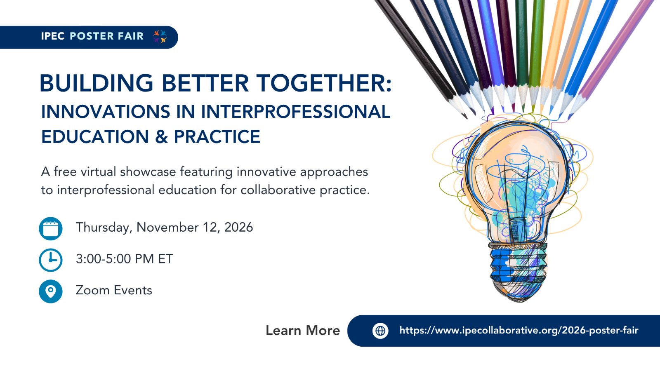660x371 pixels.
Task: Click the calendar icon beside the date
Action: click(x=51, y=228)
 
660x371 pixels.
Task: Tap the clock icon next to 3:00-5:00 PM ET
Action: click(x=51, y=260)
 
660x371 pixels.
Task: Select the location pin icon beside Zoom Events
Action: click(x=51, y=291)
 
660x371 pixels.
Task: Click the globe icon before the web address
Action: click(x=380, y=331)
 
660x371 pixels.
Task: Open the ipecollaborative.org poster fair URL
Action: click(x=519, y=330)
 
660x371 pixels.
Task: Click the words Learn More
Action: click(x=303, y=330)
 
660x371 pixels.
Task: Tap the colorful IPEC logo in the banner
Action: click(x=160, y=37)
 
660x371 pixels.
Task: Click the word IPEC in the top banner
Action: click(x=53, y=36)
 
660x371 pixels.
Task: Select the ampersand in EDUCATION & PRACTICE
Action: click(x=161, y=136)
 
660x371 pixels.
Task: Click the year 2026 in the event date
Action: click(x=238, y=227)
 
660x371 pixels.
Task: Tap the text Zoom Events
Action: click(x=114, y=290)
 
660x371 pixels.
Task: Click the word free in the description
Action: click(x=65, y=171)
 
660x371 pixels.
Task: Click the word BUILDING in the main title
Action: click(x=97, y=83)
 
